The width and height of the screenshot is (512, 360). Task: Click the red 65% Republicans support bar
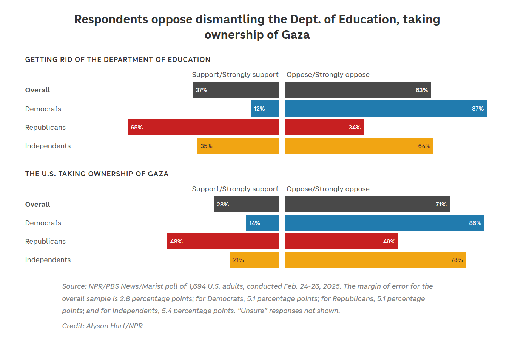203,128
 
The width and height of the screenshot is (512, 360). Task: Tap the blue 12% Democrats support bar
264,109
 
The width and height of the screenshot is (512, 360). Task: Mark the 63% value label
422,90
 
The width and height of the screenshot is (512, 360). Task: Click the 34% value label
355,128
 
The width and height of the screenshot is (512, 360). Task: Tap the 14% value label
254,223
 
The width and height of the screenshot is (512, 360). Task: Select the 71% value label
441,205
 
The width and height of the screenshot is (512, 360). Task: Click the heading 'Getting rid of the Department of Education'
118,60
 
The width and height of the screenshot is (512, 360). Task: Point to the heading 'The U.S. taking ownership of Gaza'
97,174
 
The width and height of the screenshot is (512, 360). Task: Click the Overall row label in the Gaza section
38,205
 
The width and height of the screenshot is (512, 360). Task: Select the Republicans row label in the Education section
45,128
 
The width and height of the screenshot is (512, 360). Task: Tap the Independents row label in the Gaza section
48,260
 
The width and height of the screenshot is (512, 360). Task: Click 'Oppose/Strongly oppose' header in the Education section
328,75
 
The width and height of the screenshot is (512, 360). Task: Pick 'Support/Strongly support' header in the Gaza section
235,189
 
